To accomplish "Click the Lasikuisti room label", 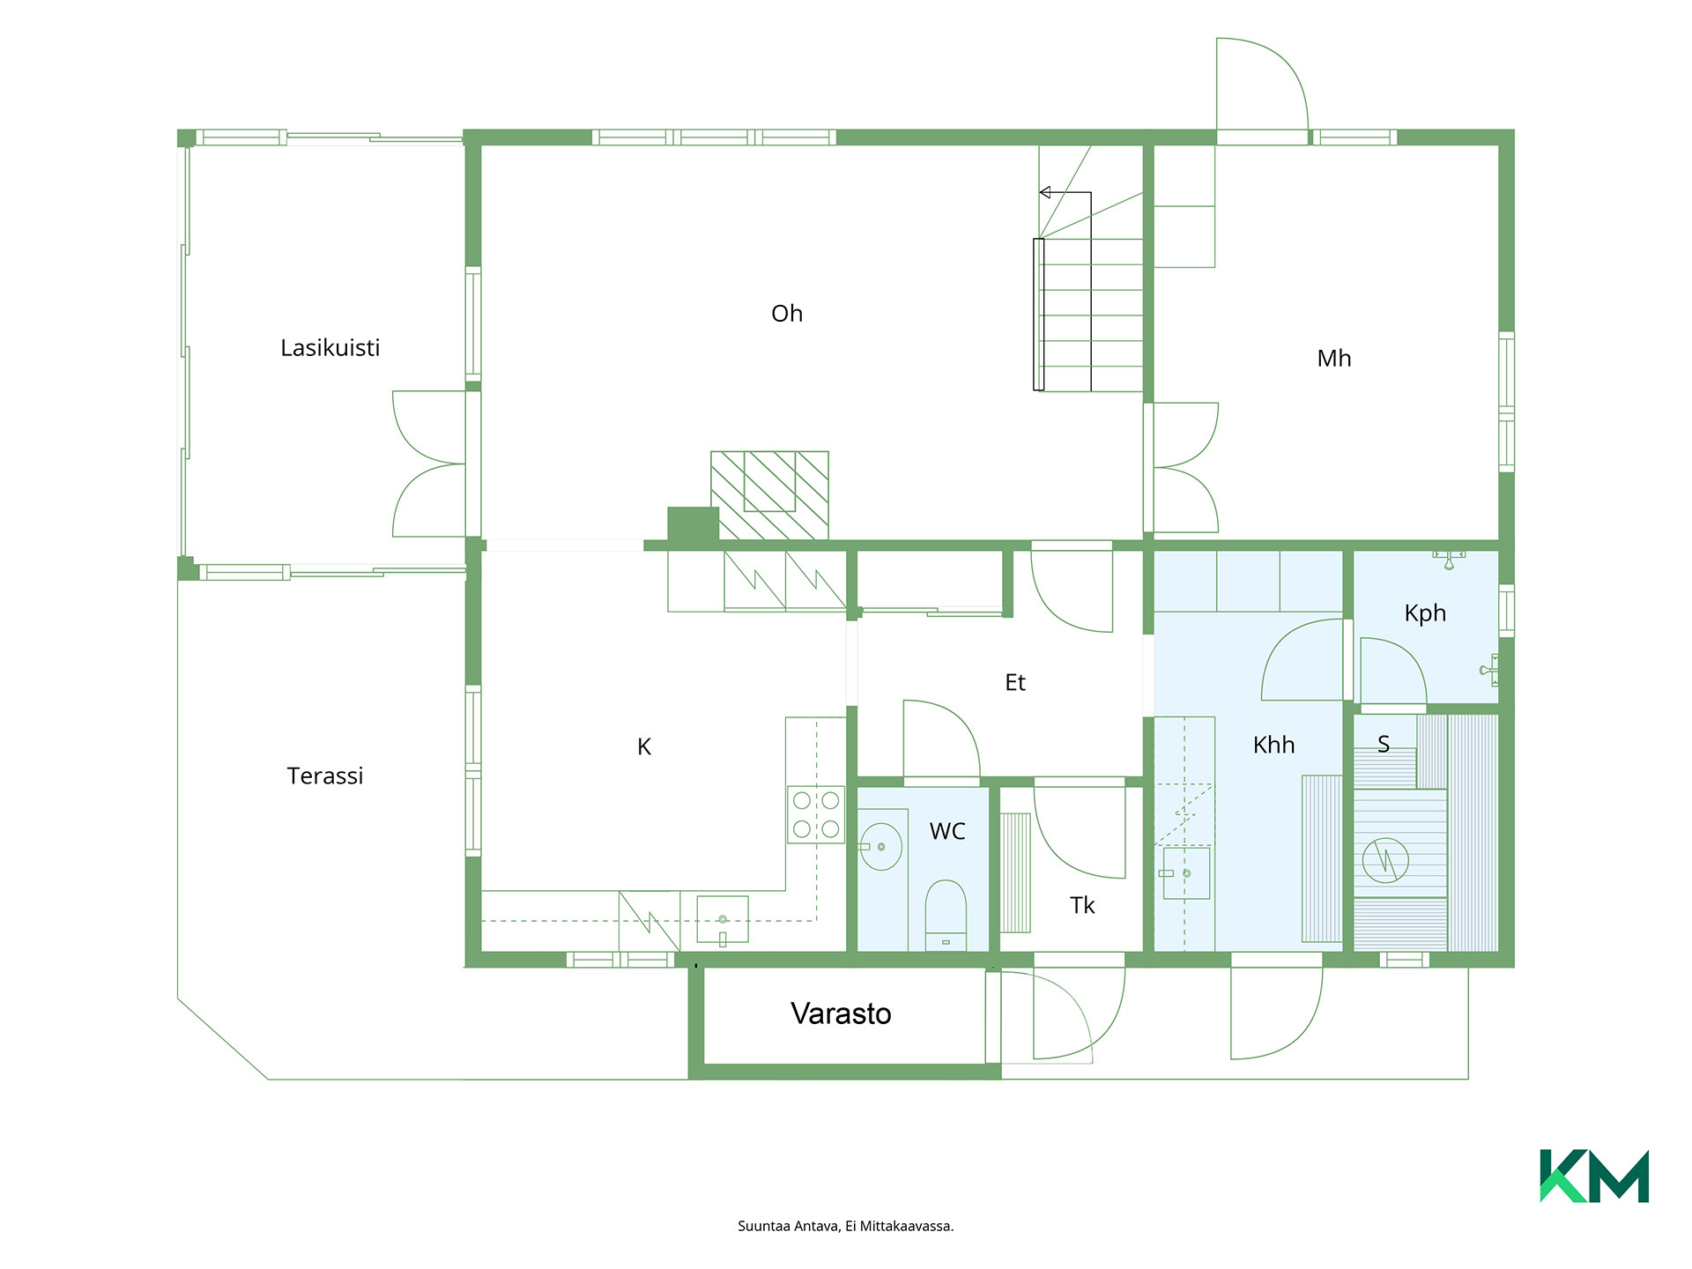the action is [330, 348].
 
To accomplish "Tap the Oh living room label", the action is [787, 314].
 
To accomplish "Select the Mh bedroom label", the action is [1333, 359].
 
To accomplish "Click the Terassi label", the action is [324, 775].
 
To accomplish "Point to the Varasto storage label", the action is [841, 1013].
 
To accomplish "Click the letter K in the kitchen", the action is [644, 747].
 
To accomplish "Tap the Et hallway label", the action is [1015, 682].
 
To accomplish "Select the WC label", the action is [947, 831].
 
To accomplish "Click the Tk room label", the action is [1082, 905].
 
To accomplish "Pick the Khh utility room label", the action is [1273, 745].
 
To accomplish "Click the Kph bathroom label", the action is [1425, 613].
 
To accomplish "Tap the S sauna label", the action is [1384, 745].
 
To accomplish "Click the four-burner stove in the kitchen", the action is [816, 814].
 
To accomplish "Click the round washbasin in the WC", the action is [880, 847].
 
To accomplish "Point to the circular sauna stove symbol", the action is [1385, 860].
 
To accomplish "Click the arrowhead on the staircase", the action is [1045, 192].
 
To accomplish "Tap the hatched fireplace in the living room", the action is [769, 495].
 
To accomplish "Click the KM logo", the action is [1594, 1176].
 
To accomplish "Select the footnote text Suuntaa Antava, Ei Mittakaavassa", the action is [846, 1226].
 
